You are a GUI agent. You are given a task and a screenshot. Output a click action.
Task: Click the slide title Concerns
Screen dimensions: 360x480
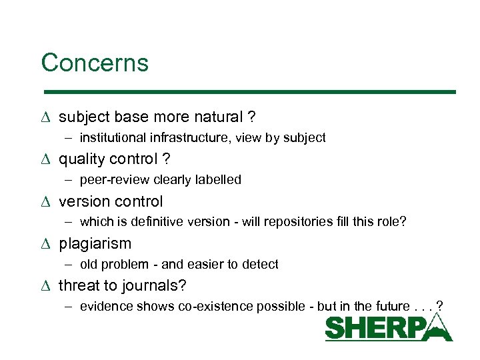click(x=95, y=63)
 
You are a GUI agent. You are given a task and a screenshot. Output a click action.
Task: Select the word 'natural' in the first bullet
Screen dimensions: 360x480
click(x=217, y=117)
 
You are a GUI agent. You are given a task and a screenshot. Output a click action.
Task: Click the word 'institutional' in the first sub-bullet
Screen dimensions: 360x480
click(x=111, y=138)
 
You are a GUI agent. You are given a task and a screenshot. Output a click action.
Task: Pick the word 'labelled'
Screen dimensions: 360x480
click(x=219, y=180)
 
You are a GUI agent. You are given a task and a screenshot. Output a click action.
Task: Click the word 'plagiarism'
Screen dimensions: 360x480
click(x=95, y=243)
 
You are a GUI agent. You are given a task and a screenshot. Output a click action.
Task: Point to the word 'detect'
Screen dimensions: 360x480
click(x=261, y=264)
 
